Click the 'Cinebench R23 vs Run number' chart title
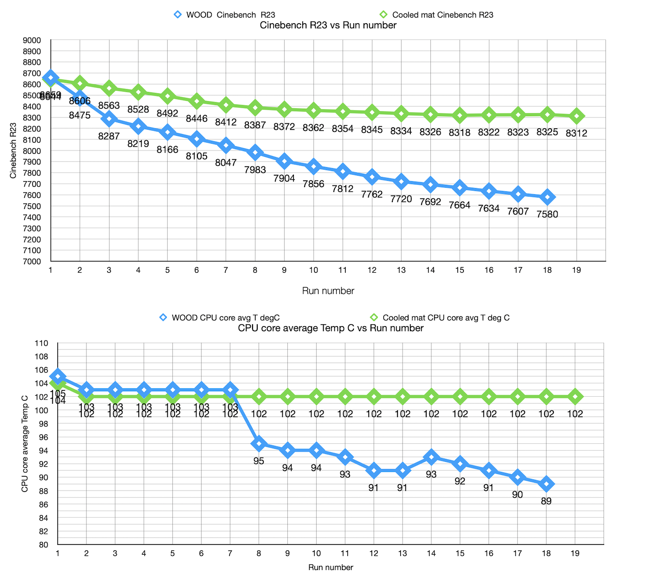328,25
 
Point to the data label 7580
547,214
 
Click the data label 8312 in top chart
576,133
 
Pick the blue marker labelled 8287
109,119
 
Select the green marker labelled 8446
197,101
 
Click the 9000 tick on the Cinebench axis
32,40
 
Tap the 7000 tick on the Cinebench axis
32,262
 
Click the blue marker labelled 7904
284,161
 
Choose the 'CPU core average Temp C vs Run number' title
331,328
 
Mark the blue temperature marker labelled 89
546,484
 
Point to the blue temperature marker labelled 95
259,444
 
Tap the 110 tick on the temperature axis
41,343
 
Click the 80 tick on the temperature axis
42,545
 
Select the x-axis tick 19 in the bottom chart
575,553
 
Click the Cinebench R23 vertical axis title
13,151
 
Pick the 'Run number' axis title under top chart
328,291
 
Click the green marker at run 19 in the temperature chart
575,397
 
